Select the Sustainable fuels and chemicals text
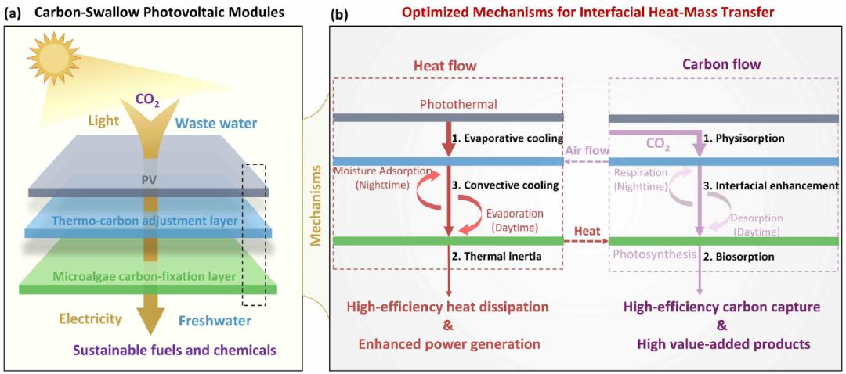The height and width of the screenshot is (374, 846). tap(168, 351)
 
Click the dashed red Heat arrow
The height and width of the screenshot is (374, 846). tap(585, 240)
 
